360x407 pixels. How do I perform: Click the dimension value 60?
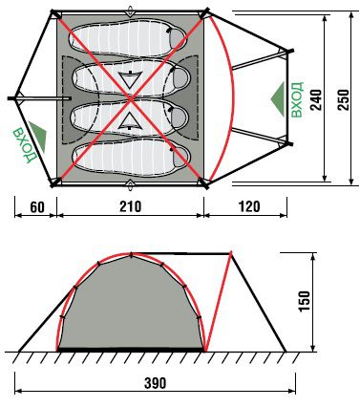click(x=37, y=207)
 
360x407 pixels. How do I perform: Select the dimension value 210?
click(x=130, y=206)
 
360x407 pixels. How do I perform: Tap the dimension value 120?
click(x=249, y=206)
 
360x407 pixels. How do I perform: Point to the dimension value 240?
click(x=316, y=99)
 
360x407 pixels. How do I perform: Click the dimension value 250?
click(x=343, y=99)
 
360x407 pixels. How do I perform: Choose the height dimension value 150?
click(x=305, y=301)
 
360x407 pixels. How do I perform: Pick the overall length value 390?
click(x=155, y=383)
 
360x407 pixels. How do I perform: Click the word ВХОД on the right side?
click(x=297, y=99)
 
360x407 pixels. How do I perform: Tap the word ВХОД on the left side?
click(x=25, y=144)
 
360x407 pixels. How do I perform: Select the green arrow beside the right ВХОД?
click(x=278, y=99)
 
